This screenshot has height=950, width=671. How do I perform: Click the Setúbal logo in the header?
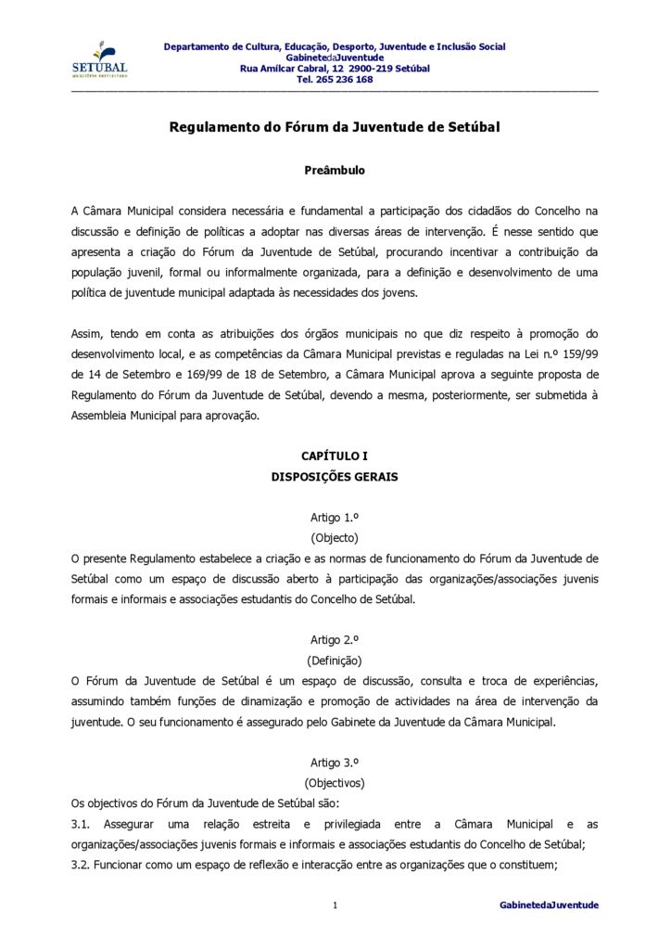[x=99, y=60]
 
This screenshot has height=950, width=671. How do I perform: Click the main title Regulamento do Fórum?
[x=334, y=127]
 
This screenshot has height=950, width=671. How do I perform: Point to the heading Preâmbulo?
[x=335, y=171]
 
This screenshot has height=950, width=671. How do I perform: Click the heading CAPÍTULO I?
[x=335, y=456]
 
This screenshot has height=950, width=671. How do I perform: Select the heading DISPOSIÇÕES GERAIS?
[x=335, y=477]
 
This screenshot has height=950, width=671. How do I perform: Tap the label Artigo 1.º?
[x=335, y=517]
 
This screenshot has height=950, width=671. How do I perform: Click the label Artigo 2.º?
[x=335, y=639]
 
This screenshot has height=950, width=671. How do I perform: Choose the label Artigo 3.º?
[x=335, y=762]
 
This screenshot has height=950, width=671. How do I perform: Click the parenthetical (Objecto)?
[x=335, y=538]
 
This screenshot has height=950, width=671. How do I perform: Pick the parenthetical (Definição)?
[x=335, y=661]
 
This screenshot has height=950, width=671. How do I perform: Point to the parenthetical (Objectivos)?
[x=335, y=783]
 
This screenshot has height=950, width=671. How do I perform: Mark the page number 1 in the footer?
[x=335, y=905]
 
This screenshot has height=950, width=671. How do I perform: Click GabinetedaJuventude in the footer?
[x=549, y=905]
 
